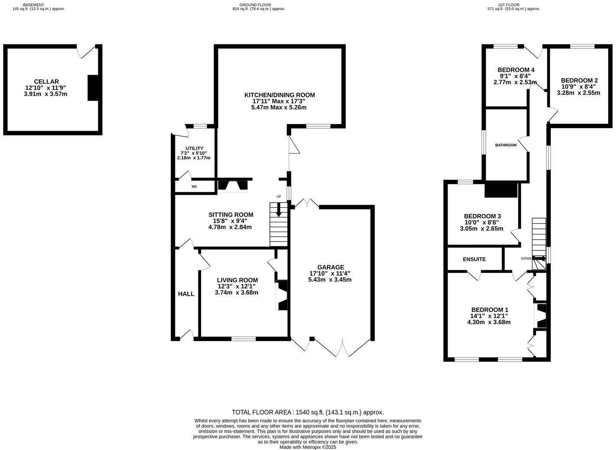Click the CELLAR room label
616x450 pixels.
pyautogui.click(x=46, y=82)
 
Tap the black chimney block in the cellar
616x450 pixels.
pyautogui.click(x=93, y=88)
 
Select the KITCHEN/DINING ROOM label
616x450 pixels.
pyautogui.click(x=279, y=95)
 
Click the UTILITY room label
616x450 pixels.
pyautogui.click(x=194, y=148)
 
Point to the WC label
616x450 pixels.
pyautogui.click(x=194, y=186)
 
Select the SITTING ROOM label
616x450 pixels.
pyautogui.click(x=231, y=215)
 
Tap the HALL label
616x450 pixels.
pyautogui.click(x=186, y=294)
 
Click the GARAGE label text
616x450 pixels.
pyautogui.click(x=330, y=267)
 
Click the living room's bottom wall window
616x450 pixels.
pyautogui.click(x=243, y=338)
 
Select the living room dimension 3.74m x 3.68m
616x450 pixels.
pyautogui.click(x=236, y=292)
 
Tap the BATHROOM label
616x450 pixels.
pyautogui.click(x=506, y=145)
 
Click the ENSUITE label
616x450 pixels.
pyautogui.click(x=474, y=259)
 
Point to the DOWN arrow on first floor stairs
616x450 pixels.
pyautogui.click(x=539, y=259)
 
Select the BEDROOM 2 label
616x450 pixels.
pyautogui.click(x=579, y=80)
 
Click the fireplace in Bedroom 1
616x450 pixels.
pyautogui.click(x=541, y=316)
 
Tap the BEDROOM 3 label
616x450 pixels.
pyautogui.click(x=482, y=216)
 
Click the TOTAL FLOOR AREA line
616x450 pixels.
pyautogui.click(x=308, y=412)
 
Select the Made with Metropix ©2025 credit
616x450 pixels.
pyautogui.click(x=308, y=447)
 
